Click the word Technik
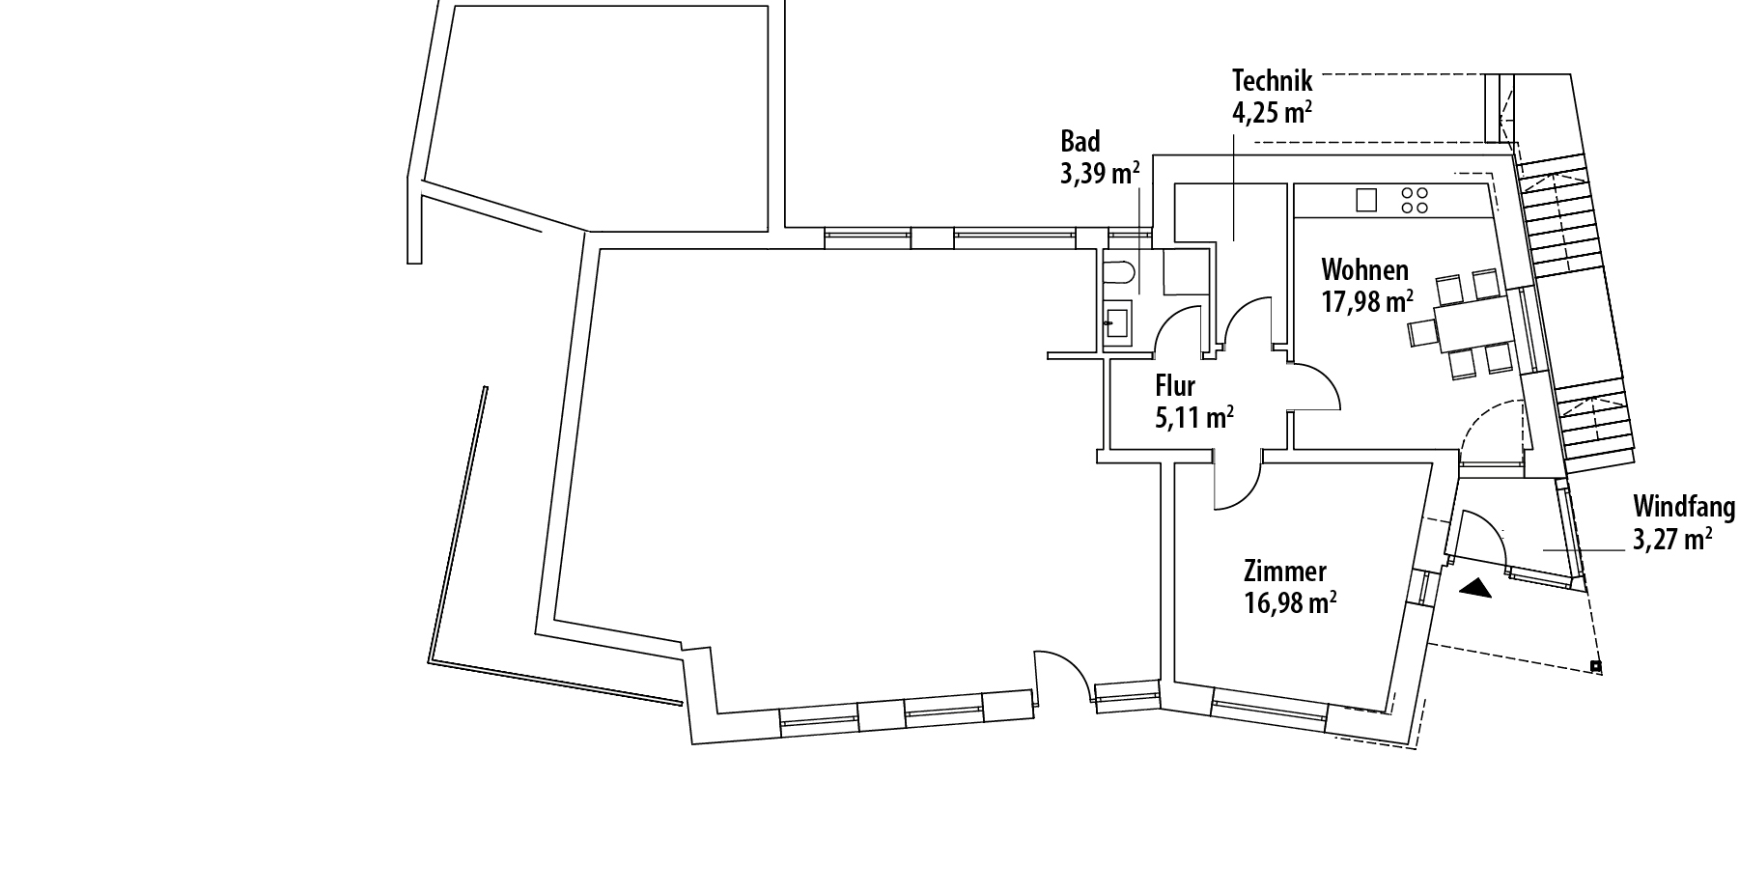point(1273,80)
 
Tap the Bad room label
point(1080,142)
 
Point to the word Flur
point(1175,386)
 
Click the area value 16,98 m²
point(1291,604)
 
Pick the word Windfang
point(1684,507)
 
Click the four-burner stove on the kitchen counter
point(1415,200)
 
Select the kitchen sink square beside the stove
point(1366,200)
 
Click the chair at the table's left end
point(1421,332)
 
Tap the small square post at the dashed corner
point(1596,666)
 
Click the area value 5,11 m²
point(1194,418)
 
